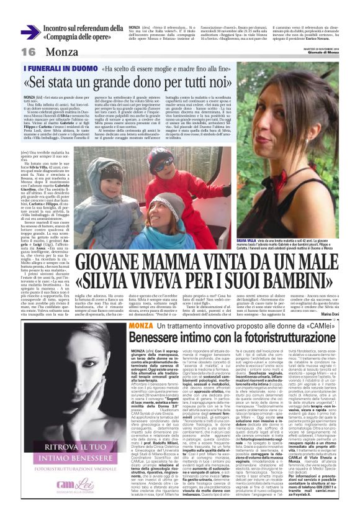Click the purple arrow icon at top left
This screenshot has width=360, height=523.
pyautogui.click(x=30, y=32)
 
